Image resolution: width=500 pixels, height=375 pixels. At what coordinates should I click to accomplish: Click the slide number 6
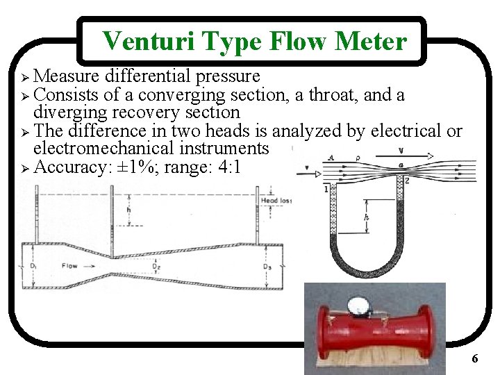coord(474,359)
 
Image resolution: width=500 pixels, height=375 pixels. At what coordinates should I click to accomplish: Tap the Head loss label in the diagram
coord(276,201)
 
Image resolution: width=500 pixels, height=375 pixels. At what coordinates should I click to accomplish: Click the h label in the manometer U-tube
coord(367,217)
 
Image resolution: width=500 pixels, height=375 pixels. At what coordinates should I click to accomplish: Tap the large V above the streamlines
coord(401,149)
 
